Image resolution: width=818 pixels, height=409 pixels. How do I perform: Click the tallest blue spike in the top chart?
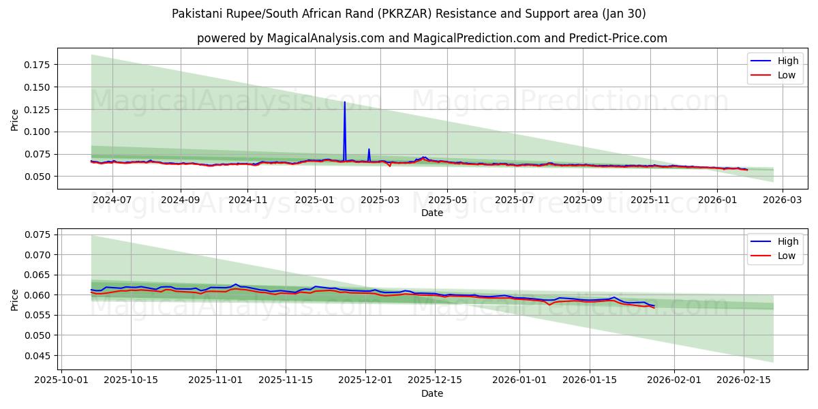tap(344, 103)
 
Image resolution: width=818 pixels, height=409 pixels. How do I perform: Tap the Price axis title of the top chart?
tap(15, 120)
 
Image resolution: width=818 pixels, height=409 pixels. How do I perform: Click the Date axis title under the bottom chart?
tap(431, 393)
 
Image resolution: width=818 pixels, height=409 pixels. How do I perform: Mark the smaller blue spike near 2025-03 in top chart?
tap(369, 149)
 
